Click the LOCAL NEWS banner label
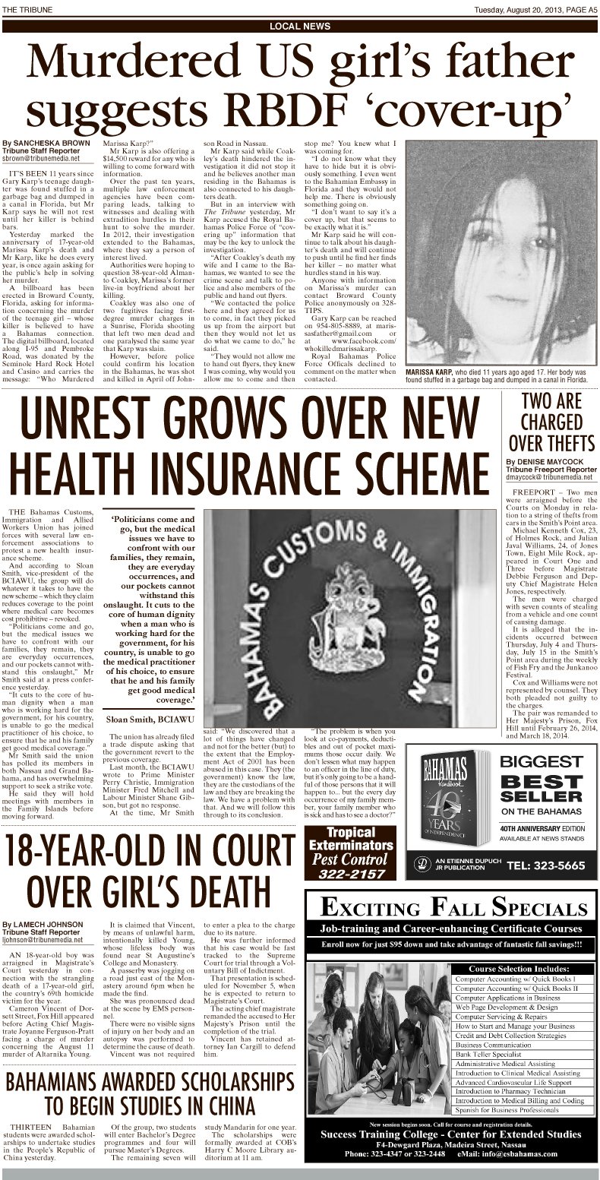click(300, 27)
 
